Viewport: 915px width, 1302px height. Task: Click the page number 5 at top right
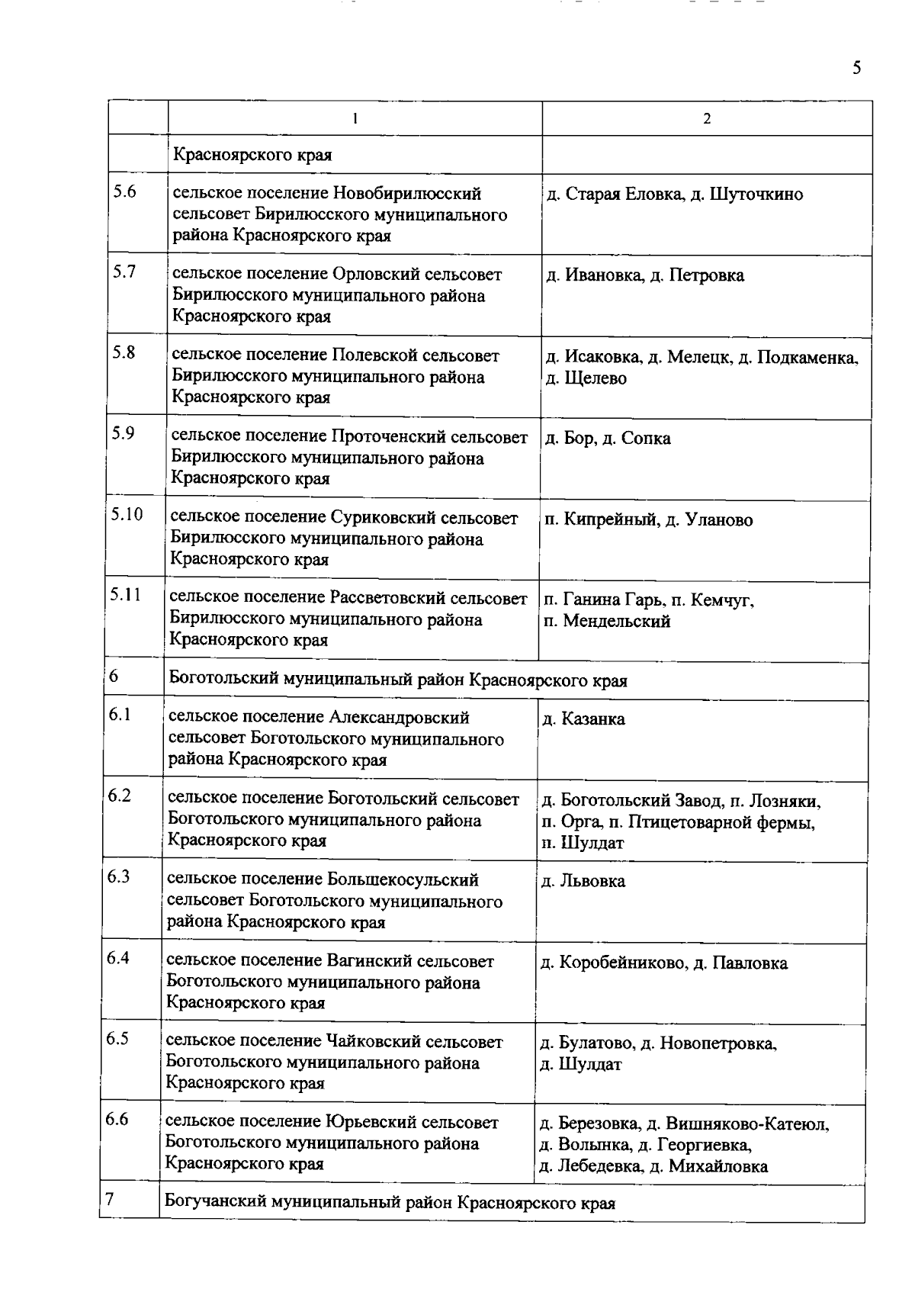click(857, 68)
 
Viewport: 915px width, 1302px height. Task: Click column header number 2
click(707, 119)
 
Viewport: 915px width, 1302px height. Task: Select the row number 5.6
click(124, 191)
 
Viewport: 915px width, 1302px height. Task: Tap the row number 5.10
click(127, 514)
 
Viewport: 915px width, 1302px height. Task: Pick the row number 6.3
click(118, 876)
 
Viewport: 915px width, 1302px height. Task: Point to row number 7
click(110, 1199)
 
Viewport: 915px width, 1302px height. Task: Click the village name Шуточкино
click(756, 194)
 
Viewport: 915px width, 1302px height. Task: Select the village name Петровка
click(706, 275)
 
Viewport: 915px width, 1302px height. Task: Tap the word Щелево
click(595, 378)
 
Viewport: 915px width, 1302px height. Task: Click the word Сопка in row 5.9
click(646, 439)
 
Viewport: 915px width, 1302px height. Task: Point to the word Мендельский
click(617, 621)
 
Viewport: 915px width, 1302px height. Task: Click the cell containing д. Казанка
click(583, 719)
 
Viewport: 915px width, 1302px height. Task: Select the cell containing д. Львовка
click(583, 882)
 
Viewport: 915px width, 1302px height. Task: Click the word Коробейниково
click(622, 963)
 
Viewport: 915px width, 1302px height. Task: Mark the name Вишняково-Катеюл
click(746, 1124)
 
